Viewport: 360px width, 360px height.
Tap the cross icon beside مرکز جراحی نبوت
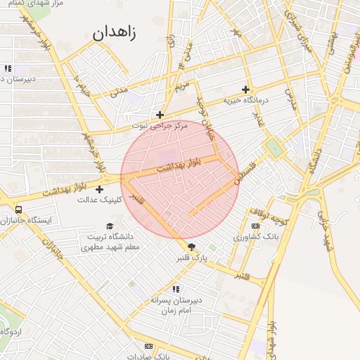160,115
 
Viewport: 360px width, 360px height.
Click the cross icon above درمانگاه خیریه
245,89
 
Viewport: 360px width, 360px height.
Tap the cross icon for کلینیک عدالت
99,189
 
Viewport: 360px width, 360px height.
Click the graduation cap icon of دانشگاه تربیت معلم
109,226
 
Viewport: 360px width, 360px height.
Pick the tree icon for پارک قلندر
191,246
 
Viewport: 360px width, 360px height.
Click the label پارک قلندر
193,258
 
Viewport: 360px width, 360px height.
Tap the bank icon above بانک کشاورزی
255,226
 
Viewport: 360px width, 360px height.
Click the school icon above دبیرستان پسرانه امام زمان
176,288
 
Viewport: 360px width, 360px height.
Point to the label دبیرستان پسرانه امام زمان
175,304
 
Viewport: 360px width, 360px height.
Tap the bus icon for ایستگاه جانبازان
18,209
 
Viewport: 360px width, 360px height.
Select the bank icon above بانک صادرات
148,346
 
